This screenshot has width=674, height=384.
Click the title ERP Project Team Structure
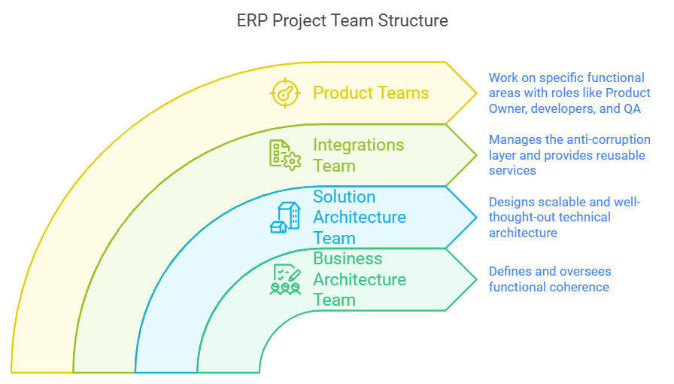342,20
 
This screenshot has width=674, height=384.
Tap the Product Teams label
371,93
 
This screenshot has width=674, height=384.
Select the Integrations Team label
358,155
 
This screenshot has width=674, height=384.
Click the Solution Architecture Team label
360,217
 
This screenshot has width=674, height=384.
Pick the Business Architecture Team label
360,279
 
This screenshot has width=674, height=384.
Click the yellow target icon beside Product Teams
285,93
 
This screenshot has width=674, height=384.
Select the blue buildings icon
285,217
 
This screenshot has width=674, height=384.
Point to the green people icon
285,279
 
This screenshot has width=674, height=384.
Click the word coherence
578,287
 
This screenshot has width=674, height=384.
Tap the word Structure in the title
412,20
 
